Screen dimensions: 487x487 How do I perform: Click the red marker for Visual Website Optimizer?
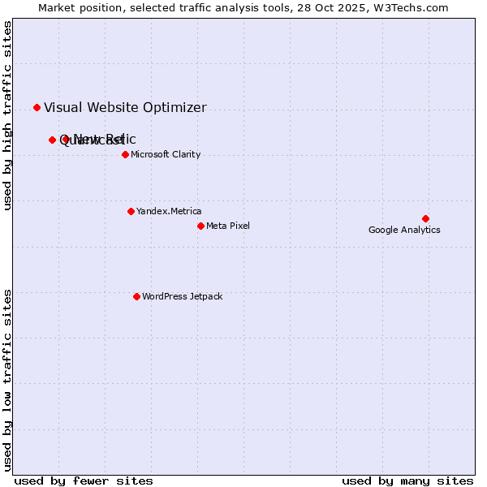[37, 107]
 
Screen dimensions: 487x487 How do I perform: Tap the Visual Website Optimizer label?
[125, 107]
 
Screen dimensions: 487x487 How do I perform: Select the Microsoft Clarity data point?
[125, 154]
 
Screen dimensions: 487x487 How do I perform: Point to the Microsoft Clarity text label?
[166, 154]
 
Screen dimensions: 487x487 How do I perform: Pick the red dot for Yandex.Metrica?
[131, 211]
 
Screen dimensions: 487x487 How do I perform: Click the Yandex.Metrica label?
[169, 211]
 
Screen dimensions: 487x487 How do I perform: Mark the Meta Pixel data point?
[200, 226]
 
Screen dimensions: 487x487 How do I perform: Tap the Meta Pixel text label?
[228, 226]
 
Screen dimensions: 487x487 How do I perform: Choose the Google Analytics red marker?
[425, 218]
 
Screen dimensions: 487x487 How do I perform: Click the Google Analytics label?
[404, 230]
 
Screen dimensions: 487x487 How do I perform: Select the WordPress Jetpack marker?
[136, 296]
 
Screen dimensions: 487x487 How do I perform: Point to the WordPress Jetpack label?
[182, 296]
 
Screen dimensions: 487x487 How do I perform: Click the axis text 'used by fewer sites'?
[84, 481]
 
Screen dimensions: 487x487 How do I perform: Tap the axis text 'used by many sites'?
[407, 481]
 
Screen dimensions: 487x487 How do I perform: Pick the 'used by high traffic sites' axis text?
[8, 115]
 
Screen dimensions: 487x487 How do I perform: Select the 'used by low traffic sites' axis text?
[8, 379]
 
